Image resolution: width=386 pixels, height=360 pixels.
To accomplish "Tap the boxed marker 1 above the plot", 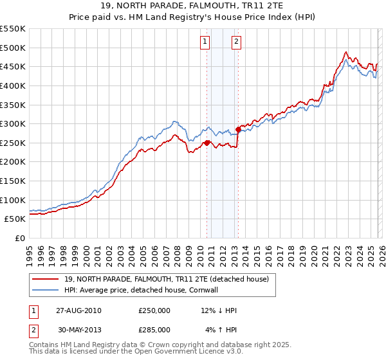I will pyautogui.click(x=205, y=42).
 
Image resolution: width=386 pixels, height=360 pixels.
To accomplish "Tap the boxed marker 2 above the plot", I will pyautogui.click(x=236, y=42).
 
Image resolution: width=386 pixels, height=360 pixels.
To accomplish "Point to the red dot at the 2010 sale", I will pyautogui.click(x=207, y=143).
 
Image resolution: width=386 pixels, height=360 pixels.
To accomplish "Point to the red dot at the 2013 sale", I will pyautogui.click(x=238, y=129).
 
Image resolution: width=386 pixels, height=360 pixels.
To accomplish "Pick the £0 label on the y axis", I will pyautogui.click(x=21, y=238).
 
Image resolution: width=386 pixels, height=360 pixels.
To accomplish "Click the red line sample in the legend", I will pyautogui.click(x=46, y=280).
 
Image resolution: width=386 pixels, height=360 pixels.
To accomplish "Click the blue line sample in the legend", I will pyautogui.click(x=46, y=290).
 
